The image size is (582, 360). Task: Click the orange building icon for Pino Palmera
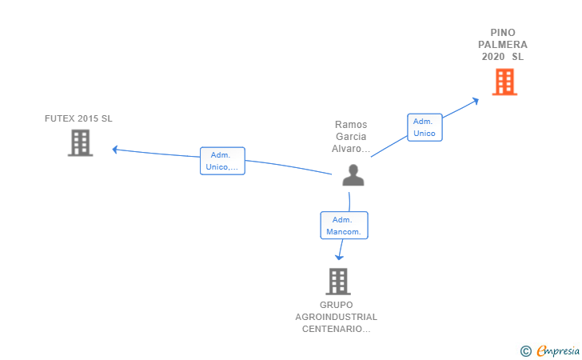(x=504, y=82)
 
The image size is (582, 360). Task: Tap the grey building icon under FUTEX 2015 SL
(x=80, y=142)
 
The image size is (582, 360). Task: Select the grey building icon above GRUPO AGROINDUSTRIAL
(x=338, y=282)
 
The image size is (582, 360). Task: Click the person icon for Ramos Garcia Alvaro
(x=353, y=175)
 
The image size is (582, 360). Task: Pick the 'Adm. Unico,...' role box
(x=222, y=161)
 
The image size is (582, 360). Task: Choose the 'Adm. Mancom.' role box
(x=344, y=226)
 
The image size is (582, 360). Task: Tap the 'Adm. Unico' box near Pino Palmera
(x=425, y=127)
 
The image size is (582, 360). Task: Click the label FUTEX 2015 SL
(x=78, y=118)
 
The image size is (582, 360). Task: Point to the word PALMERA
(x=503, y=45)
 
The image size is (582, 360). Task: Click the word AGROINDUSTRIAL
(x=337, y=317)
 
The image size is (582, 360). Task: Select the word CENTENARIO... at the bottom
(x=337, y=329)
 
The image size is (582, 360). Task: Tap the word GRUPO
(x=337, y=305)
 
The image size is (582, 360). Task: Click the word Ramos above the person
(x=351, y=125)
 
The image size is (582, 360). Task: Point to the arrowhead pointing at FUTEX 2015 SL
(x=115, y=150)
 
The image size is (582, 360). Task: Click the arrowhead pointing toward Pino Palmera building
(x=475, y=100)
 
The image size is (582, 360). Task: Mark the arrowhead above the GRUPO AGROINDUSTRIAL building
(x=339, y=257)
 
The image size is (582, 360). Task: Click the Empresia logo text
(x=558, y=350)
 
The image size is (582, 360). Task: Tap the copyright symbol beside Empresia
(x=526, y=351)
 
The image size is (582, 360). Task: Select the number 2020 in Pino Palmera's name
(x=493, y=57)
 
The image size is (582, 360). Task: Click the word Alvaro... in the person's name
(x=351, y=149)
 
